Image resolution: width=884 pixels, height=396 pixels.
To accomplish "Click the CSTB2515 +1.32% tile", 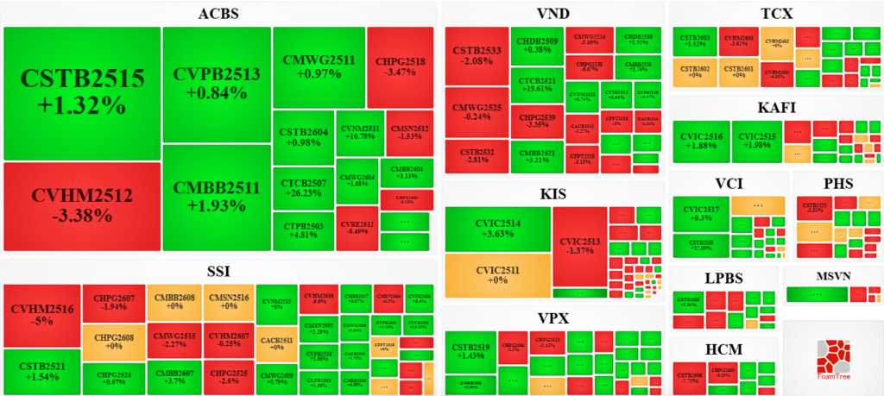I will click(x=82, y=92).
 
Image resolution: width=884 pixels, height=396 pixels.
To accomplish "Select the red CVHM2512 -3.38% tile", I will click(x=82, y=205).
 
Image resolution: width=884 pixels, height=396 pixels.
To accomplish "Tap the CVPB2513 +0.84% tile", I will click(x=216, y=85).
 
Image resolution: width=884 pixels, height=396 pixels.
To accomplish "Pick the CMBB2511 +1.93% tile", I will click(x=216, y=197).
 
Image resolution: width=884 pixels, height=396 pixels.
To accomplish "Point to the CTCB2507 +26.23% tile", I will click(x=303, y=188).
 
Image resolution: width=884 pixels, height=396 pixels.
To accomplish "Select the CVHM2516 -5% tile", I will click(x=42, y=315).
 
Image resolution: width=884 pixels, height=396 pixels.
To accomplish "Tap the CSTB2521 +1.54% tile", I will click(x=42, y=371).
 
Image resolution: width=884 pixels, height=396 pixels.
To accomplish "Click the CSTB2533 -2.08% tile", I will click(x=477, y=56).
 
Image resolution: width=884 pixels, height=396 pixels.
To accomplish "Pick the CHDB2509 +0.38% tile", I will click(x=537, y=45).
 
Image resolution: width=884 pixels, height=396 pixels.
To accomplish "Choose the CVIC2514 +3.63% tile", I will click(x=498, y=229).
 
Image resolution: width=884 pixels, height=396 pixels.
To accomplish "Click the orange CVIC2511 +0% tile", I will click(x=498, y=276).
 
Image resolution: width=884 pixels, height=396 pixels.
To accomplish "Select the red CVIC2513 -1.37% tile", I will click(x=578, y=246).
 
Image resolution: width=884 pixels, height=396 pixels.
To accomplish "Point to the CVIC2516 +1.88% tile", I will click(x=701, y=141).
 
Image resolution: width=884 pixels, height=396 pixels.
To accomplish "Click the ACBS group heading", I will click(x=218, y=14).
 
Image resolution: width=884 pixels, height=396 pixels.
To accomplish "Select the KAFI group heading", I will click(x=776, y=108).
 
